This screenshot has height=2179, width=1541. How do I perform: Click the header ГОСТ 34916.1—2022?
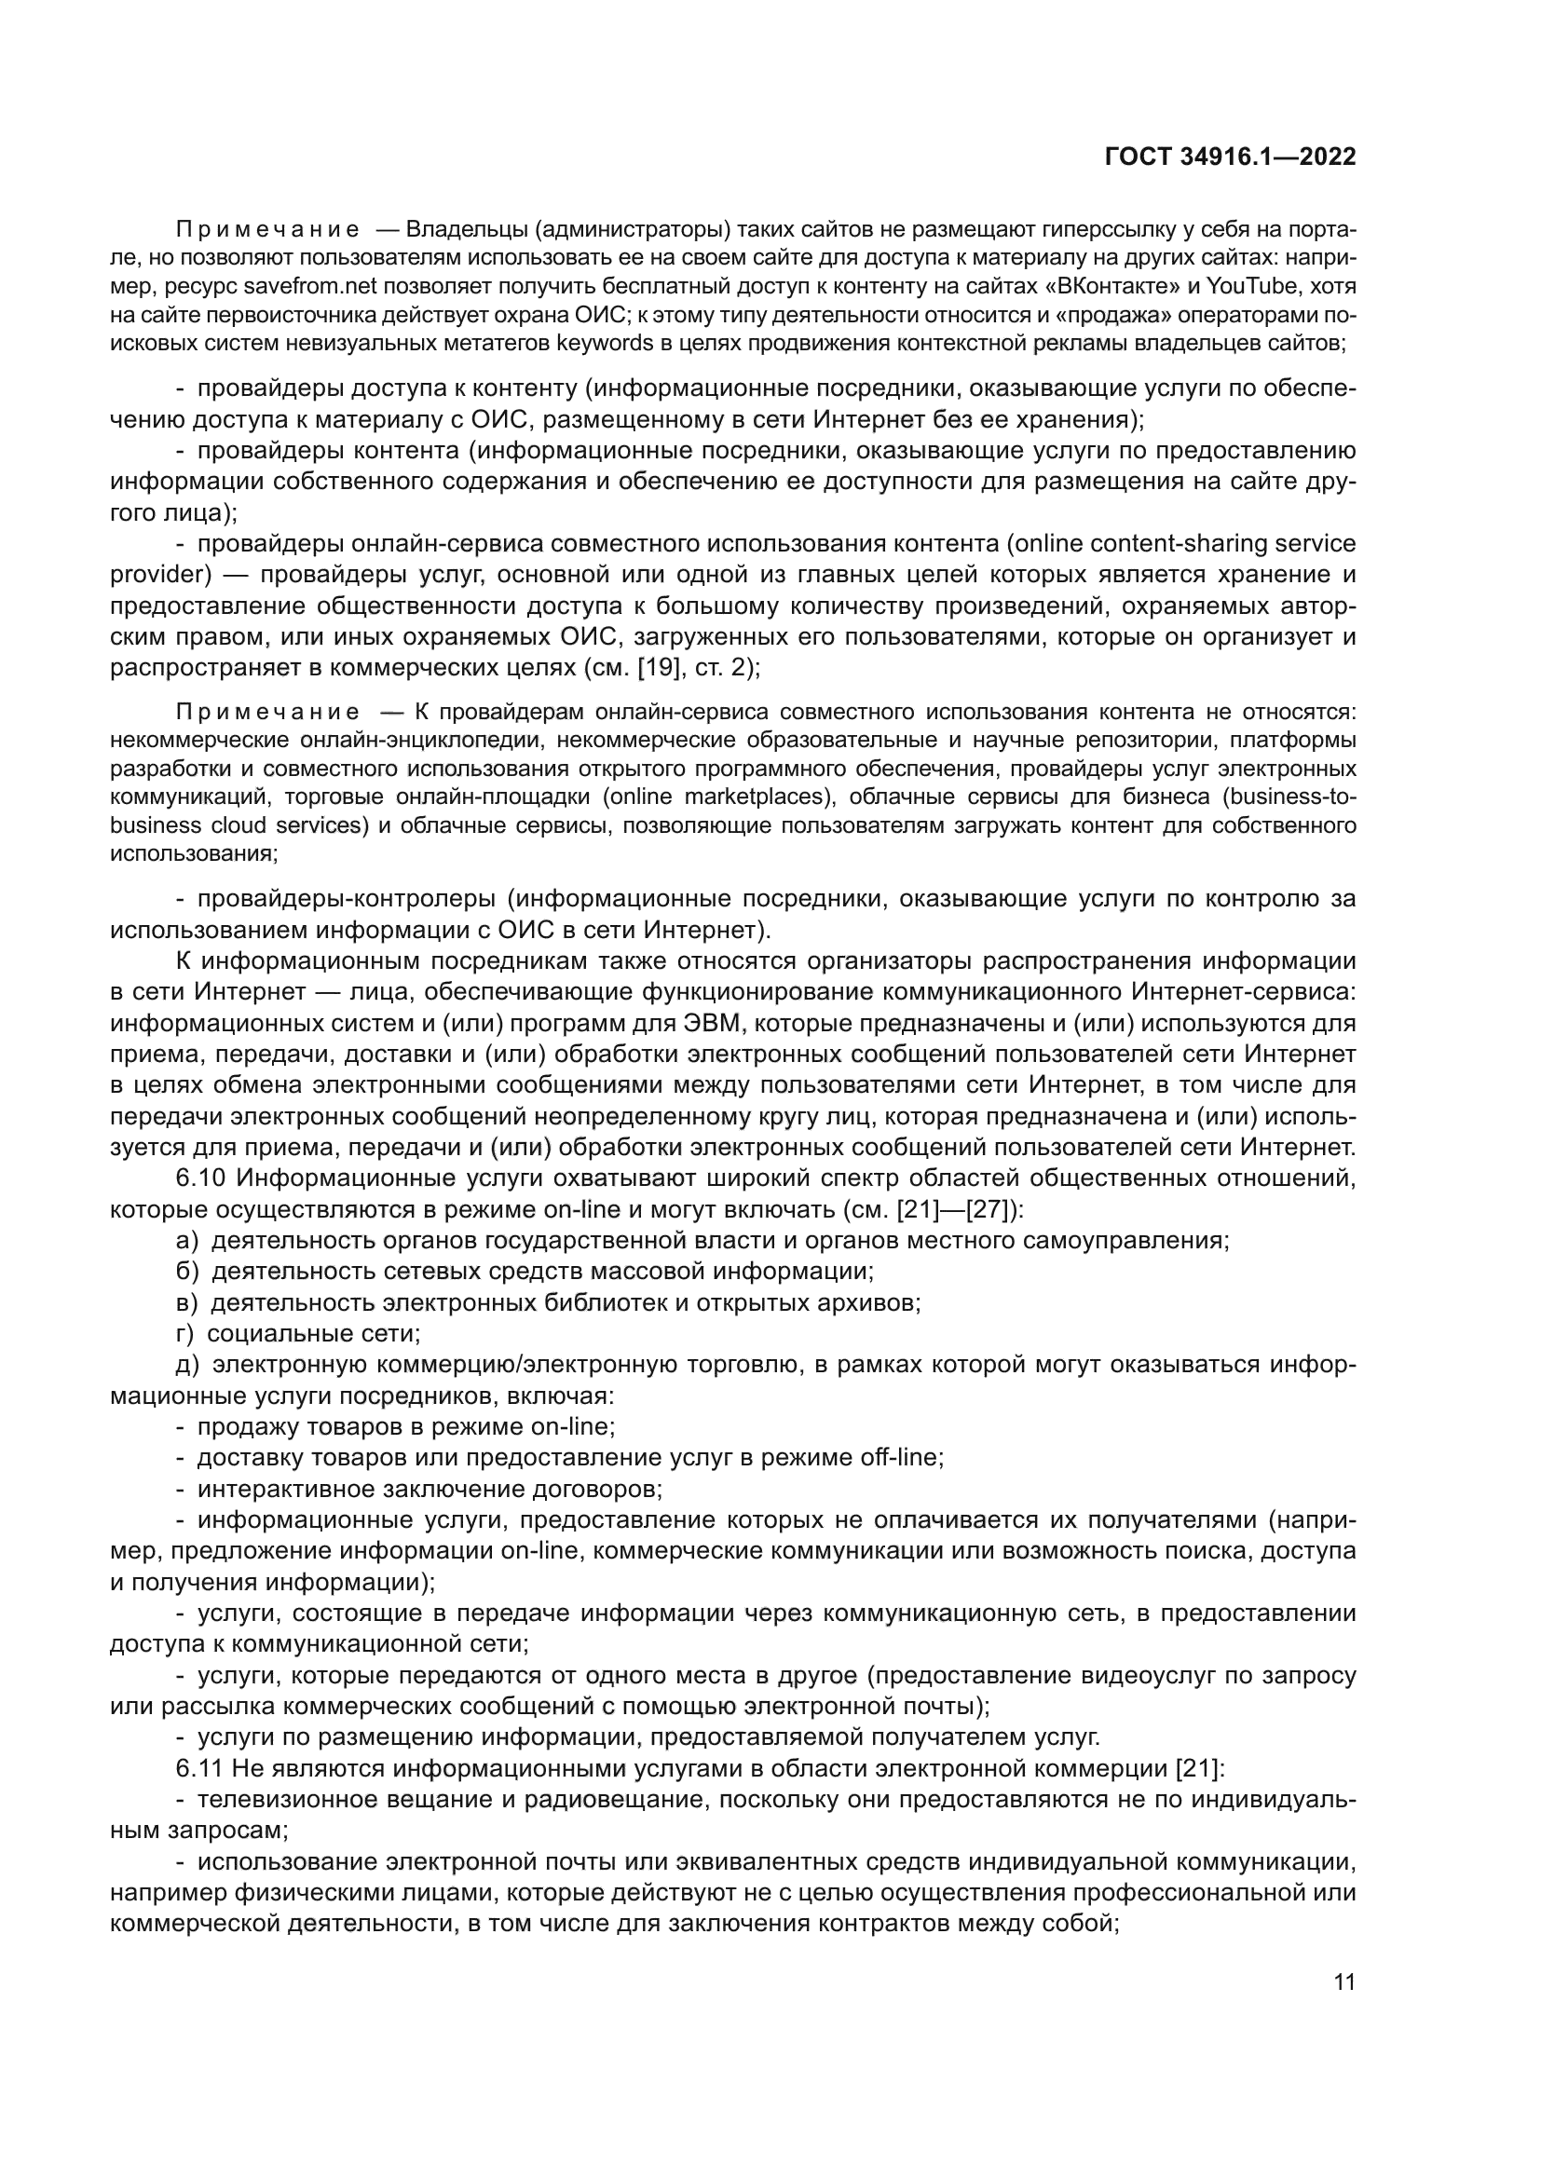(x=1230, y=157)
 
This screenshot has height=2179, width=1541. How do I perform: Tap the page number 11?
(x=1344, y=1982)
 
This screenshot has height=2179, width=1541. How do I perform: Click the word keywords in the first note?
(x=611, y=343)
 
